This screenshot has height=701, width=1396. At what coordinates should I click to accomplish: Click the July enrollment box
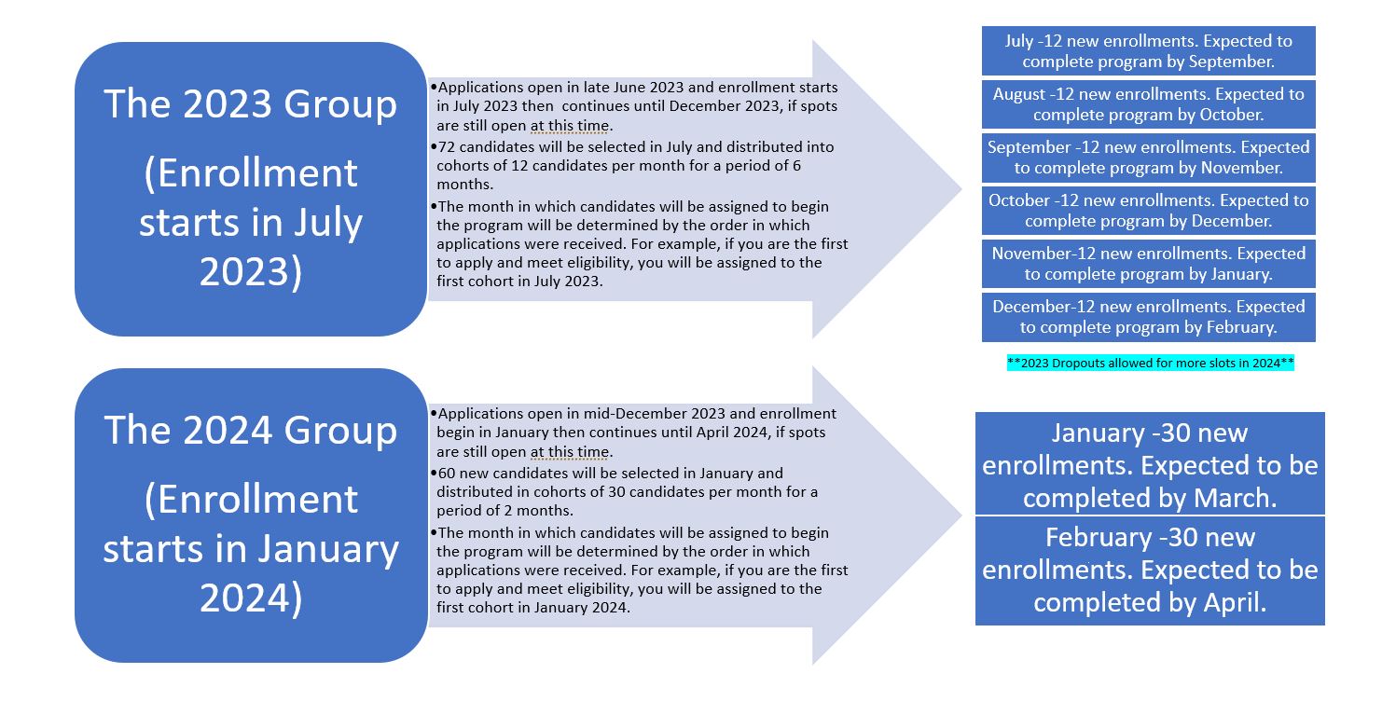(1149, 50)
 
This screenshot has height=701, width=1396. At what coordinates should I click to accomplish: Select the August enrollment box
(1149, 104)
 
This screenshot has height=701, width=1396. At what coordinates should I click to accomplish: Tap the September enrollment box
(1149, 158)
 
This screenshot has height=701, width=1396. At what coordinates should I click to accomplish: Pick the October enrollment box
(1149, 211)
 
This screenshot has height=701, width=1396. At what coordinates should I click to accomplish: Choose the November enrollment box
(1149, 264)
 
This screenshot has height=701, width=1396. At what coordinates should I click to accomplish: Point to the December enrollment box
(1149, 317)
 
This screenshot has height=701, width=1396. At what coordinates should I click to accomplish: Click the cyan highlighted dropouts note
(1151, 363)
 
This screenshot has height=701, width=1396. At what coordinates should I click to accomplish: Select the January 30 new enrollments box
(1150, 463)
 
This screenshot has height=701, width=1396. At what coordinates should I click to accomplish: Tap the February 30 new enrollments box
(1150, 570)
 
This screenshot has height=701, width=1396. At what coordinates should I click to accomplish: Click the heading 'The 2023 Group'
(251, 103)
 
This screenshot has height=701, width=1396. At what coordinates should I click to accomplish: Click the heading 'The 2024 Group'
(251, 430)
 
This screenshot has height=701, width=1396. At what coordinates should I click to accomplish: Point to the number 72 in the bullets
(447, 147)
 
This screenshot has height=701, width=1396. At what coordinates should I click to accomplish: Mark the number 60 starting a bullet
(447, 474)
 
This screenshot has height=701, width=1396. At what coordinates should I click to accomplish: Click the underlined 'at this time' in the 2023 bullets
(570, 126)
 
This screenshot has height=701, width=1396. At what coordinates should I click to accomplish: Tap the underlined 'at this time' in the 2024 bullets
(570, 452)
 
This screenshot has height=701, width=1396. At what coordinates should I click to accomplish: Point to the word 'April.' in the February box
(1236, 603)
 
